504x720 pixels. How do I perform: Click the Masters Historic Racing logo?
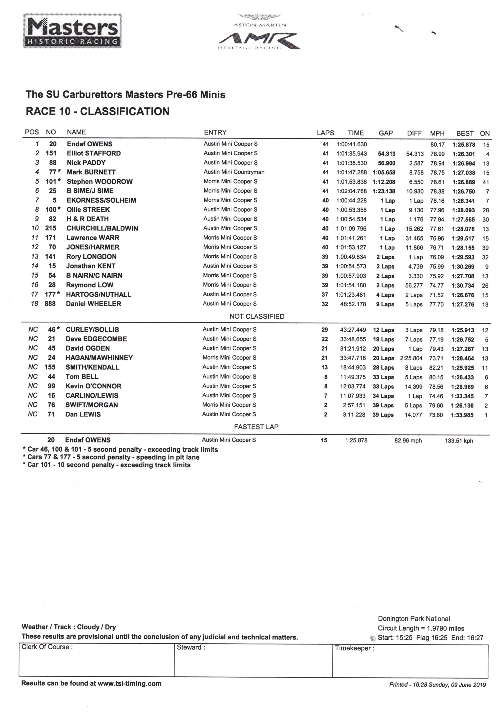[x=72, y=31]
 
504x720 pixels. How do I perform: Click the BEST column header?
[x=465, y=133]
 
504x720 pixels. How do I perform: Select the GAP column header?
[x=386, y=133]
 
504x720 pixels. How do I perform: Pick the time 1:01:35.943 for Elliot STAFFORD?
[x=351, y=154]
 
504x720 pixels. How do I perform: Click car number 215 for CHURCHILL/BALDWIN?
[x=50, y=228]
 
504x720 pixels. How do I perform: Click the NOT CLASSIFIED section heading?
[x=257, y=316]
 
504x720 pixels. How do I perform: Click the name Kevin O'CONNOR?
[x=93, y=386]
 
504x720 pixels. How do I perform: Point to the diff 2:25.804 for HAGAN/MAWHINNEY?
[x=411, y=358]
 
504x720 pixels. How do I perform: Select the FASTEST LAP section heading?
[x=256, y=427]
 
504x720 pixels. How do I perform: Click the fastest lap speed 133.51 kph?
[x=459, y=441]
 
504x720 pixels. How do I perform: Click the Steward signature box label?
[x=191, y=647]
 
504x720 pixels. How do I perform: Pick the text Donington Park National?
[x=414, y=619]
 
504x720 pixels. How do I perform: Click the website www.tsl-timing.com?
[x=130, y=683]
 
